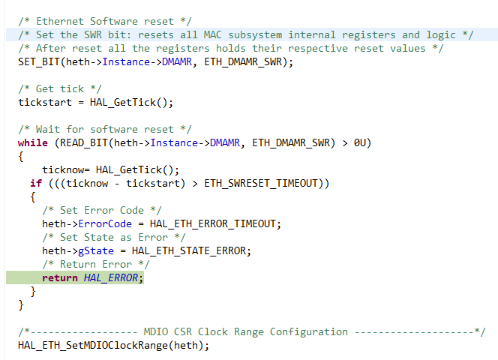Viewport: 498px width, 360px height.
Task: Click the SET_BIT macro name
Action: tap(39, 61)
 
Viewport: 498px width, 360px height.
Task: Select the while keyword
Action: tap(33, 142)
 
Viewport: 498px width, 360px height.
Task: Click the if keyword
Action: tap(36, 183)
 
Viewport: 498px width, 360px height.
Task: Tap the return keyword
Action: tap(60, 278)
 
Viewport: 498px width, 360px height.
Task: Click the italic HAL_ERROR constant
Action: tap(111, 278)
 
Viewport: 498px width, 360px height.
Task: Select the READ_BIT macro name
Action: tap(84, 143)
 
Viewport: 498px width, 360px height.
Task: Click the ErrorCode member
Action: tap(105, 224)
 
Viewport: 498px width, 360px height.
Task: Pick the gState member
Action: tap(96, 251)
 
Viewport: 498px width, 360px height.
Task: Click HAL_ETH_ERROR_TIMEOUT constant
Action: tap(212, 224)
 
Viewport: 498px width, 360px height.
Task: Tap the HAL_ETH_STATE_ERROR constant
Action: tap(189, 251)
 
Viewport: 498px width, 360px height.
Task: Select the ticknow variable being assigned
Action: tap(63, 170)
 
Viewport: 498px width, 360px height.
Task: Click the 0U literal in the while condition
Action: tap(360, 143)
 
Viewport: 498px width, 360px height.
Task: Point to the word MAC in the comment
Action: tap(212, 34)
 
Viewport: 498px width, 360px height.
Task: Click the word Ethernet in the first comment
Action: tap(60, 21)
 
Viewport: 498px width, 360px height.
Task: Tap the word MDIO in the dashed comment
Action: tap(156, 331)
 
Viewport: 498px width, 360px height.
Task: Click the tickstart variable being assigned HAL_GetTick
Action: tap(45, 102)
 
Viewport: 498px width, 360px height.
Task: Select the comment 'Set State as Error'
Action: tap(114, 237)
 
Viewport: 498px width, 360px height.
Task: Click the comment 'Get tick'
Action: tap(60, 88)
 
